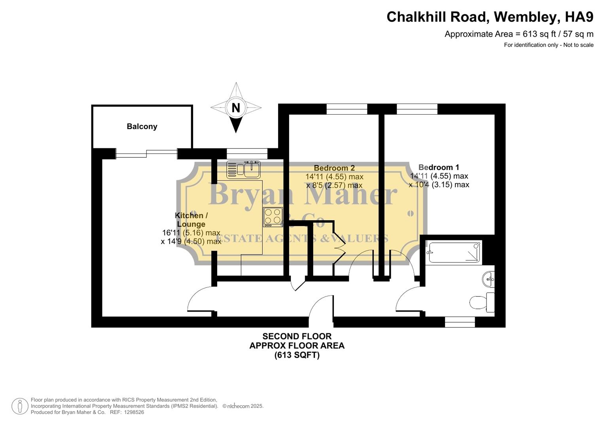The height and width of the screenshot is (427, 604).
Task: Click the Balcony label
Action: click(142, 127)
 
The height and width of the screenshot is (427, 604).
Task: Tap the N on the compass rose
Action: click(236, 108)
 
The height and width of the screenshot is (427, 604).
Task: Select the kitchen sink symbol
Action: click(243, 169)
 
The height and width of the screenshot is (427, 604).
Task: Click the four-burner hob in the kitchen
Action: click(273, 217)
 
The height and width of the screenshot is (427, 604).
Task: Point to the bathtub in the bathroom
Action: click(454, 252)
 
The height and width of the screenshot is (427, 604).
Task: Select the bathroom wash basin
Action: click(489, 279)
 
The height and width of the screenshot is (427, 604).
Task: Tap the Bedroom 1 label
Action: click(439, 167)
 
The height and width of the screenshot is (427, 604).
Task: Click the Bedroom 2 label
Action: click(334, 168)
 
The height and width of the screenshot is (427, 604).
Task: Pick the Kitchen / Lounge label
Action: click(191, 220)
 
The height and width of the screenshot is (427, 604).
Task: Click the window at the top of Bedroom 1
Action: click(417, 109)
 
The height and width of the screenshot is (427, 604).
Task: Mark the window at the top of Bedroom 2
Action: click(347, 109)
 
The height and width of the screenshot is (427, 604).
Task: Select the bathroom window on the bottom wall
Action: click(460, 322)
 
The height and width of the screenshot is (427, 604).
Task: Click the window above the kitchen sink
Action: click(247, 153)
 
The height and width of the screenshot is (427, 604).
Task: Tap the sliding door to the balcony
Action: click(146, 154)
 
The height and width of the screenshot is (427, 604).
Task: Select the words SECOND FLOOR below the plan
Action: click(297, 336)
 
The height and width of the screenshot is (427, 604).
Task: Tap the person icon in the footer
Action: click(20, 406)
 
